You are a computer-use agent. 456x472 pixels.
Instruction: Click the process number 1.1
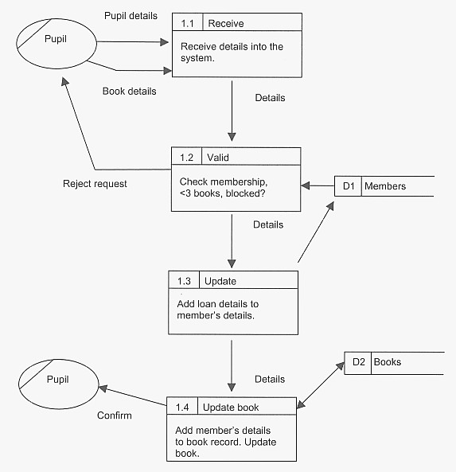coord(187,23)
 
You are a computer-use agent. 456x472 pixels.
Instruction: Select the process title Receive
coord(225,23)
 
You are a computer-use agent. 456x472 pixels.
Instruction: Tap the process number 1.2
coord(187,158)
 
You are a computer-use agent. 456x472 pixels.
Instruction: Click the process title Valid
coord(218,158)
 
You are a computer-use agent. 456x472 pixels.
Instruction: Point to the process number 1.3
coord(184,281)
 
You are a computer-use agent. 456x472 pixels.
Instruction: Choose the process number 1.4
coord(182,408)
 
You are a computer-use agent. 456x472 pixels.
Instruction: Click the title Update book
coord(231,408)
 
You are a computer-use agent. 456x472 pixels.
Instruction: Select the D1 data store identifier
coord(348,186)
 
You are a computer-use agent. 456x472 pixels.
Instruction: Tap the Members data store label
coord(384,186)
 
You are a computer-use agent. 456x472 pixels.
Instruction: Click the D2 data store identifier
coord(358,362)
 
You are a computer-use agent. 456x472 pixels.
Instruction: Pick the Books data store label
coord(388,362)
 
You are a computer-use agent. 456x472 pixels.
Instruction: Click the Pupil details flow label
coord(131,16)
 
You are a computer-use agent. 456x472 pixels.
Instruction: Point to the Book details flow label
coord(129,91)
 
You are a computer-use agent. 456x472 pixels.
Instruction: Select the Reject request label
coord(95,184)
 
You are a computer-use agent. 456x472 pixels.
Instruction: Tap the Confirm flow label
coord(114,415)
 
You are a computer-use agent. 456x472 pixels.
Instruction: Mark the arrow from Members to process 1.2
coord(318,186)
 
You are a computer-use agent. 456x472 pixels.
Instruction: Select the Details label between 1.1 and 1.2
coord(270,98)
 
